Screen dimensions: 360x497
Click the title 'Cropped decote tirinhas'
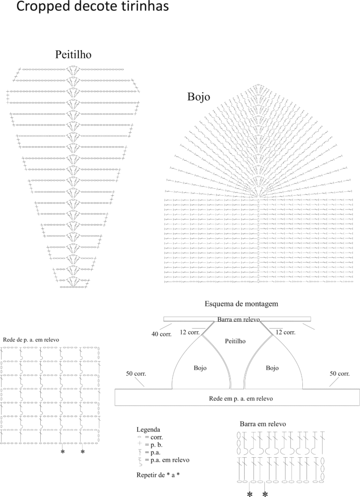point(92,7)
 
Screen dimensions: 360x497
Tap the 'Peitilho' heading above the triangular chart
point(73,54)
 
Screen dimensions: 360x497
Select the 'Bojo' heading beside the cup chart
point(199,96)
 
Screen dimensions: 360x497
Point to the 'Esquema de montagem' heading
point(241,304)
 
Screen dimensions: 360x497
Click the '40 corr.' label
point(161,334)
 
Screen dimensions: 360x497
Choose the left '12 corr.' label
point(190,333)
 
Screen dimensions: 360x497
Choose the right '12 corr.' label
point(285,333)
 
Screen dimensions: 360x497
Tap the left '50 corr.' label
point(136,374)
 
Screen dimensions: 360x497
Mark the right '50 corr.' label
point(340,374)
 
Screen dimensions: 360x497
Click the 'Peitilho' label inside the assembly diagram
point(235,341)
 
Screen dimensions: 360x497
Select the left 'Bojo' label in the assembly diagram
point(200,368)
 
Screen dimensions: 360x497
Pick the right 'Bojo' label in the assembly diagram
point(272,368)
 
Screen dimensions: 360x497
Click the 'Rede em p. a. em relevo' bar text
point(241,399)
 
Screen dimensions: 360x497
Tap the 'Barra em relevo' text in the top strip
point(239,319)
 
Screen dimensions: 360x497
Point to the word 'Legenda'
point(148,430)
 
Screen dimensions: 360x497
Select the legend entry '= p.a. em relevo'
point(167,460)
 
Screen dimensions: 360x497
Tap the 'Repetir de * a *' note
point(156,475)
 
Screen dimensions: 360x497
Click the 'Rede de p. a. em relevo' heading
point(31,340)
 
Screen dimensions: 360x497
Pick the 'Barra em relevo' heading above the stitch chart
point(263,424)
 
